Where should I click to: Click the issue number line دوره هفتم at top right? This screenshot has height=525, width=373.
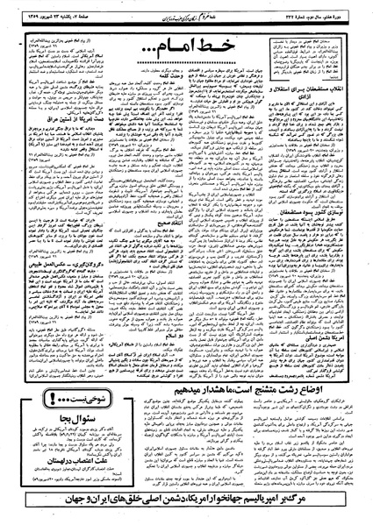(x=325, y=14)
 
